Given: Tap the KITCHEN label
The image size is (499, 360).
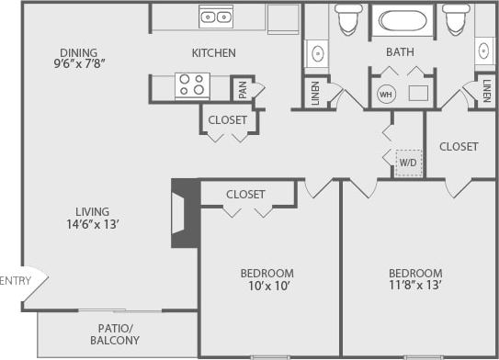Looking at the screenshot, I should (213, 53).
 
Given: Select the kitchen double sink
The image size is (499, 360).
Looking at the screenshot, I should (216, 16).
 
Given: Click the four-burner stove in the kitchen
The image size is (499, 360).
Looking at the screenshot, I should (192, 85).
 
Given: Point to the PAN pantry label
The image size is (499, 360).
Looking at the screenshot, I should (242, 90).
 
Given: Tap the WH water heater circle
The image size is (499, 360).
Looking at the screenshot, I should (386, 94).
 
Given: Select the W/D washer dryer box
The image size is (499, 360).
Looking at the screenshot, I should (407, 162).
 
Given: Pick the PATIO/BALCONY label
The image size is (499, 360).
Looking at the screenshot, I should (118, 334).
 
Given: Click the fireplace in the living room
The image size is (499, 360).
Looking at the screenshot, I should (185, 213).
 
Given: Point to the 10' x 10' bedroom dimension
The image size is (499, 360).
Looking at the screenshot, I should (267, 287).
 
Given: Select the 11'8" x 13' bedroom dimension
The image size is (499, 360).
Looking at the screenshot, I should (414, 287).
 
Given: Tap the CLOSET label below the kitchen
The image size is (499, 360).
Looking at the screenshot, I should (227, 119).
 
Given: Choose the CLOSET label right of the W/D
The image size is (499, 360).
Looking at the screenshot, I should (459, 146).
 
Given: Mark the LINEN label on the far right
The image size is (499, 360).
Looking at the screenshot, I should (485, 91).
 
